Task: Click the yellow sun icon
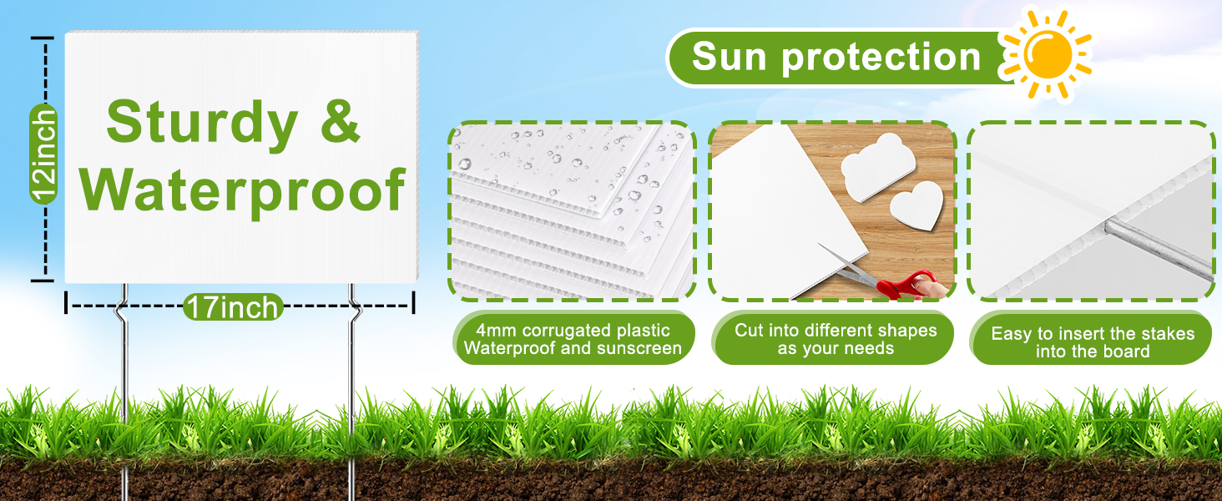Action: pos(1048,54)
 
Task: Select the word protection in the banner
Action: pos(881,58)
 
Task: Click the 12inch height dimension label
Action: pos(43,154)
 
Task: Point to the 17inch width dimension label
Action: pos(233,306)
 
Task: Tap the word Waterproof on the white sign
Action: pos(242,191)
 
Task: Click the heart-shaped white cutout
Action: pos(916,205)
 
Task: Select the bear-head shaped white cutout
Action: pos(876,166)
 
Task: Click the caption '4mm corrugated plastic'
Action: pos(573,330)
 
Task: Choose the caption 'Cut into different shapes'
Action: pos(836,330)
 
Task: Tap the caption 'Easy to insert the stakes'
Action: pos(1093,333)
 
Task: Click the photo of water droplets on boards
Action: pos(572,211)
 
